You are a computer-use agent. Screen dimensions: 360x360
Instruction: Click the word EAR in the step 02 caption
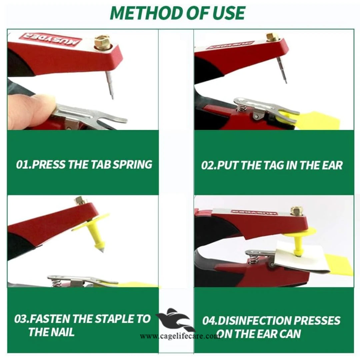(331, 165)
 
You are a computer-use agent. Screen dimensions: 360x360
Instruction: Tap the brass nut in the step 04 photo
(296, 210)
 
